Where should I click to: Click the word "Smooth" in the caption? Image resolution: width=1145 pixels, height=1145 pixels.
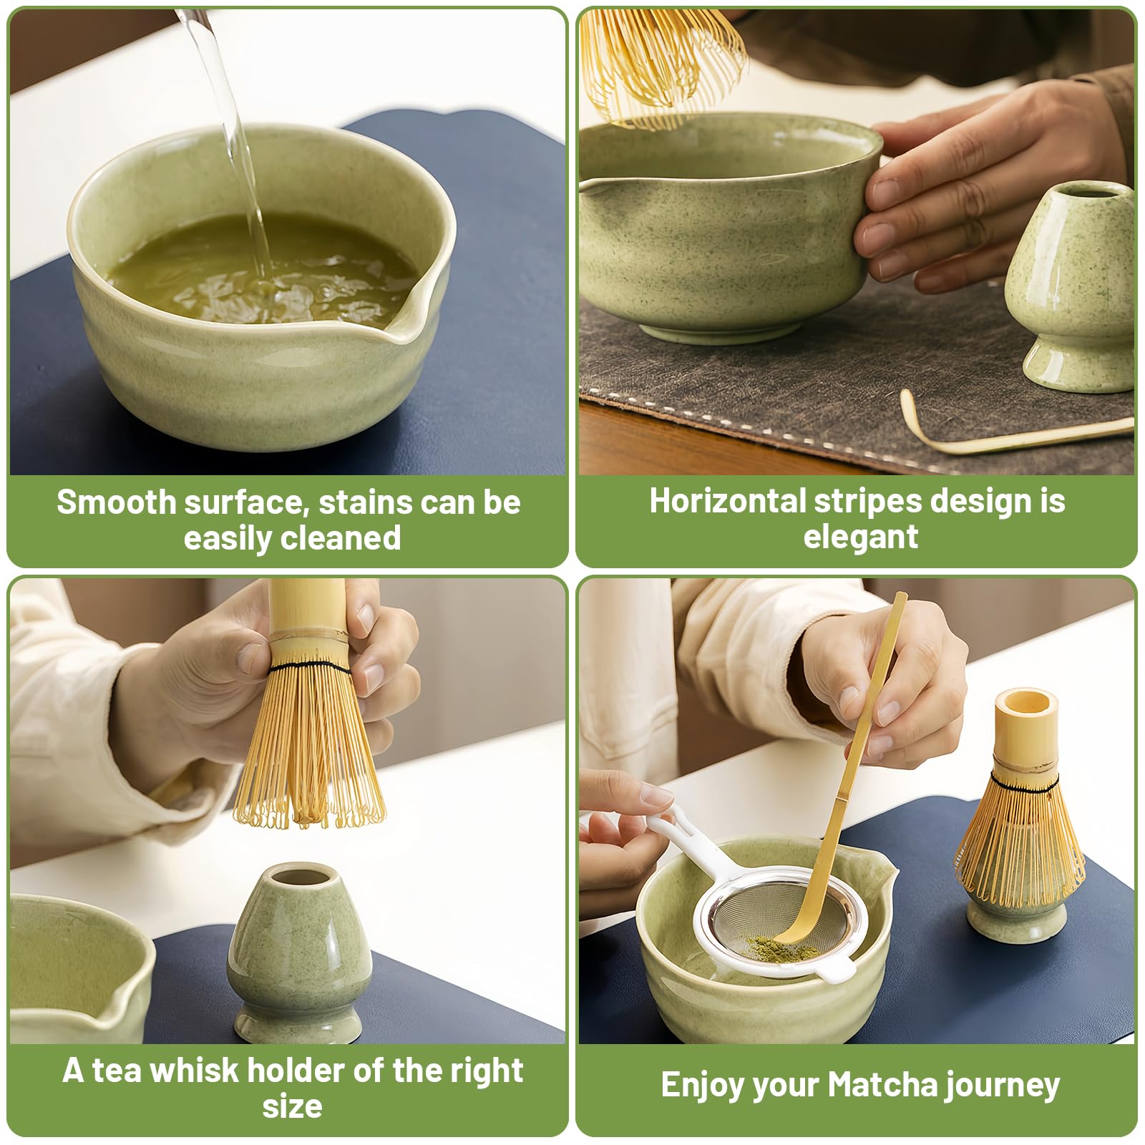115,502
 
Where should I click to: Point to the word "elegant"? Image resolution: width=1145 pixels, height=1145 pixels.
860,537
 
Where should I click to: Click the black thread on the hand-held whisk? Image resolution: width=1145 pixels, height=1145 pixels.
311,668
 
